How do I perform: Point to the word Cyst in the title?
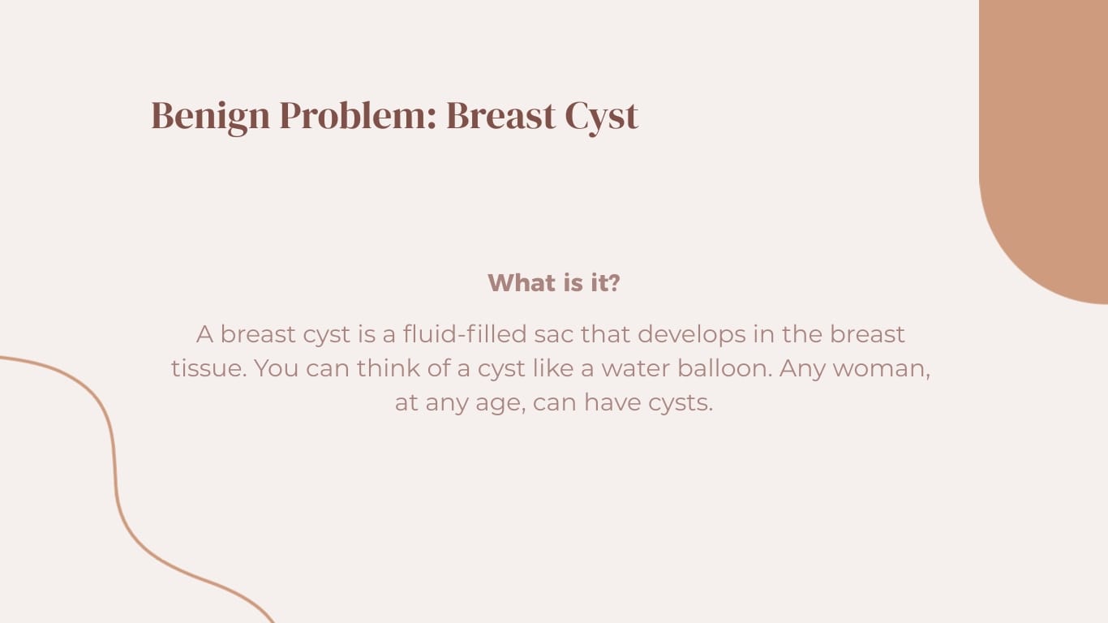coord(601,116)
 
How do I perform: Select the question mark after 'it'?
coord(614,283)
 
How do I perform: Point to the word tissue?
coord(208,368)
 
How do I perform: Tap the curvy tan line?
coord(114,470)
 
